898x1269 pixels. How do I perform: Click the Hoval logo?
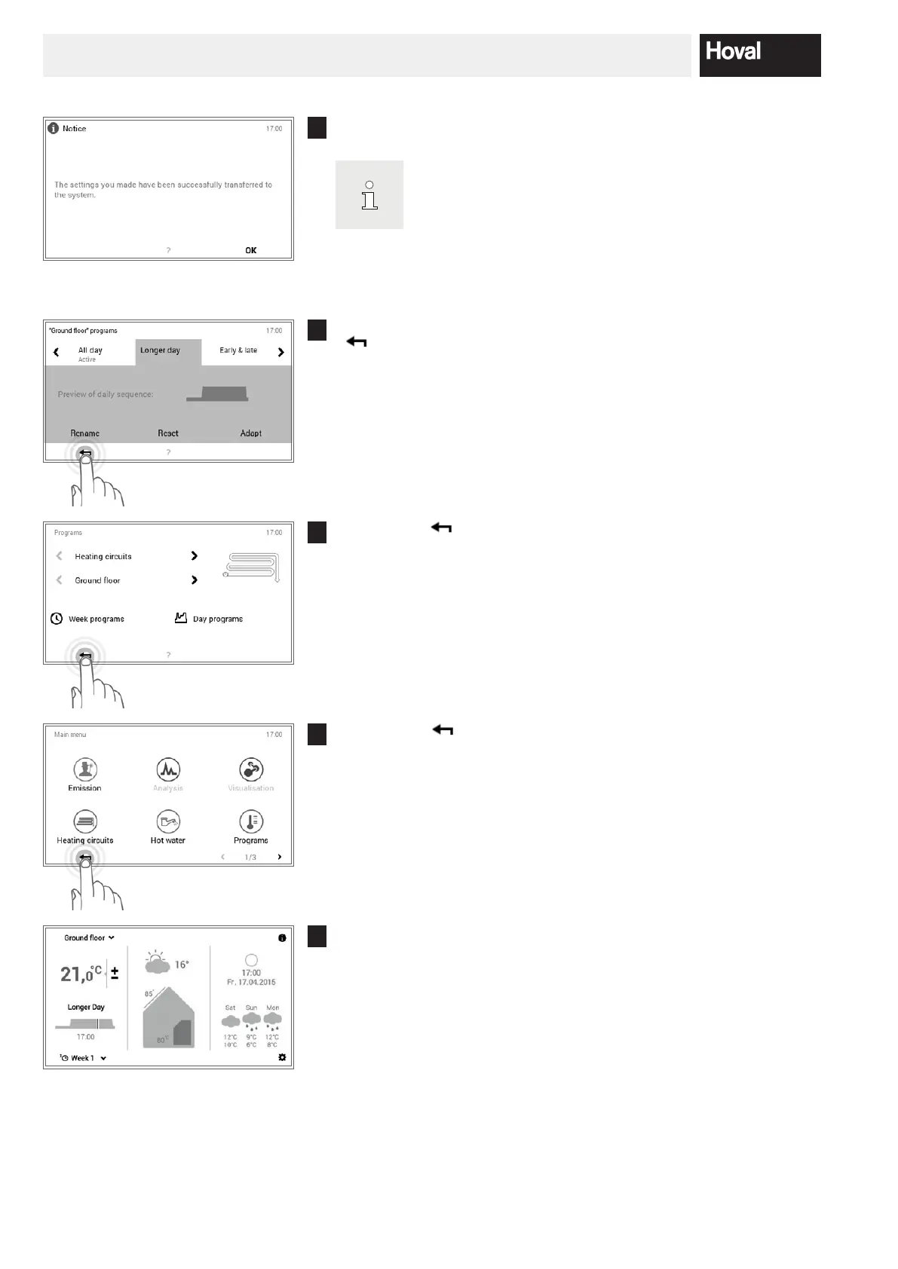coord(759,54)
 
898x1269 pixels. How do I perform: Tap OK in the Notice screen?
coord(251,250)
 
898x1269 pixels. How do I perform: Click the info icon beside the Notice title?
coord(54,128)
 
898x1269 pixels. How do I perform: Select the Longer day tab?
coord(161,350)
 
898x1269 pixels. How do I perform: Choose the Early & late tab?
coord(238,350)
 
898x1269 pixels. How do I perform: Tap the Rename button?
coord(85,433)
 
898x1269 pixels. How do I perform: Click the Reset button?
coord(168,433)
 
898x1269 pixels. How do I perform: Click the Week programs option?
coord(87,619)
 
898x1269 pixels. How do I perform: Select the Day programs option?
coord(209,619)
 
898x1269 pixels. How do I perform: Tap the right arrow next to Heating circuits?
coord(195,556)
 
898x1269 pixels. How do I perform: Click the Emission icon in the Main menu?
coord(85,770)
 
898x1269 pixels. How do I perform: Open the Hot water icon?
coord(168,822)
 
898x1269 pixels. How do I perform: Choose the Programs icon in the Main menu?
coord(251,822)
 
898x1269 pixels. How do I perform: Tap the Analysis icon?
coord(168,770)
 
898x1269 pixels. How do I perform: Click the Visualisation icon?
coord(251,770)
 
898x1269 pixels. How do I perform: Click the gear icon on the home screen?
coord(282,1057)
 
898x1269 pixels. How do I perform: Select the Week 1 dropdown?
coord(83,1058)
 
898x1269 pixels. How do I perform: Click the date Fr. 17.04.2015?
coord(251,982)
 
